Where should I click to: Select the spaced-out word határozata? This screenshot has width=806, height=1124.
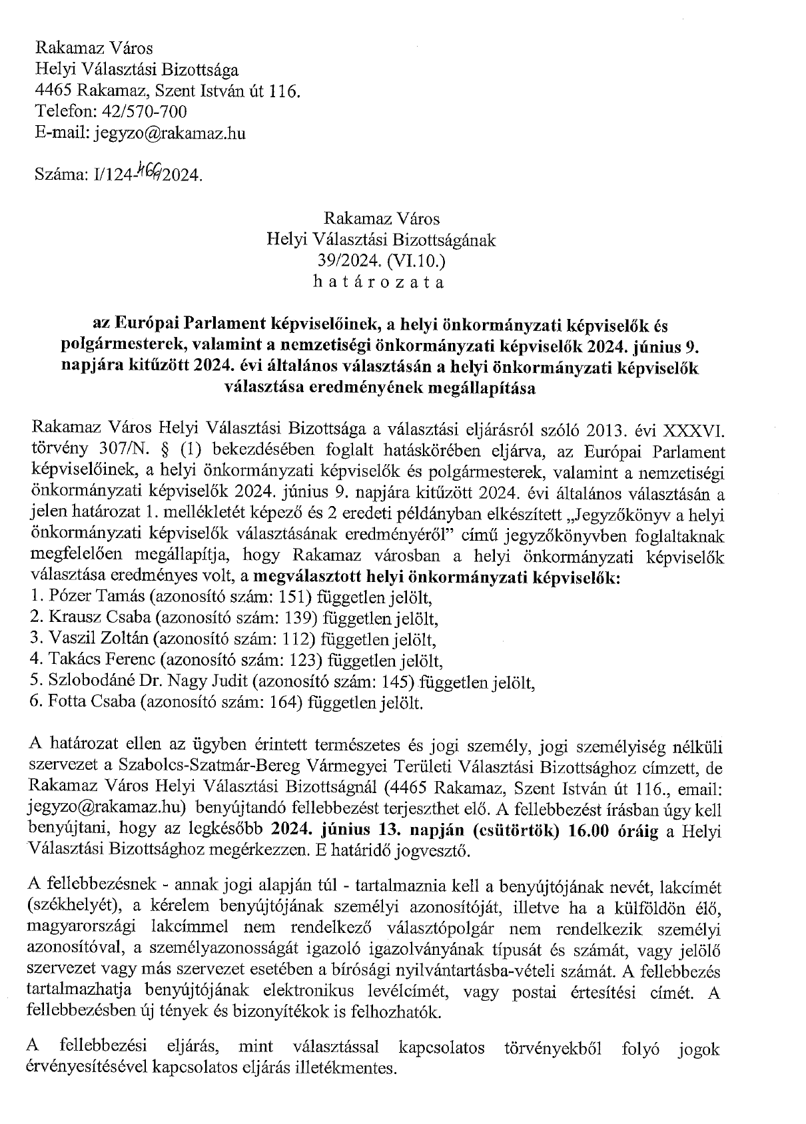(x=378, y=282)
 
